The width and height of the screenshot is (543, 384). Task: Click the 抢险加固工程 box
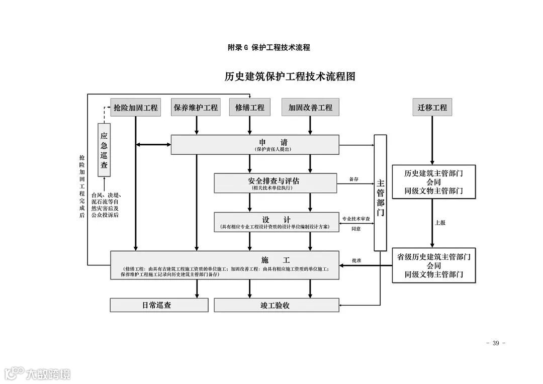coord(136,108)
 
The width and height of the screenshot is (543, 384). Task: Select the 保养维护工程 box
coord(196,108)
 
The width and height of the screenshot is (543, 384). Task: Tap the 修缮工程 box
coord(250,108)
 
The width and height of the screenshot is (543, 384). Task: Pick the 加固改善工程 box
coord(310,108)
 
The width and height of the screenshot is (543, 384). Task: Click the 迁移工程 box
coord(432,108)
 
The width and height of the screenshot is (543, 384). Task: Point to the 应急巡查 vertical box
coord(104,150)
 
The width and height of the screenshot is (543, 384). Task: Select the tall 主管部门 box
coord(380,193)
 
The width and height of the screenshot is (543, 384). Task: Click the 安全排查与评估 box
coord(276,183)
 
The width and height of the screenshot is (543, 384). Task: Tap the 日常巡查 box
coord(159,305)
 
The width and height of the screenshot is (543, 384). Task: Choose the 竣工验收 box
coord(276,305)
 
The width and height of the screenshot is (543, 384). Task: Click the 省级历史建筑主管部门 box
coord(433,265)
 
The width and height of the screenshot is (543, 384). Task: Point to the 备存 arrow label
coord(354,179)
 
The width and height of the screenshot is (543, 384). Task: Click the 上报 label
coord(440,222)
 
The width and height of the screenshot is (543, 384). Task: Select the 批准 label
coord(357,260)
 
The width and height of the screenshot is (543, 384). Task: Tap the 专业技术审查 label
coord(356,219)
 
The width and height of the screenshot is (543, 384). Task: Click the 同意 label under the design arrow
coord(356,229)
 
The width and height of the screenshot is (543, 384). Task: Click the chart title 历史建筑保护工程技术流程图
coord(290,77)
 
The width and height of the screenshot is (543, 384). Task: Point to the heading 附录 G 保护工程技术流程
coord(268,48)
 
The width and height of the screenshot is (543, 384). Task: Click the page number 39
coord(496,343)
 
